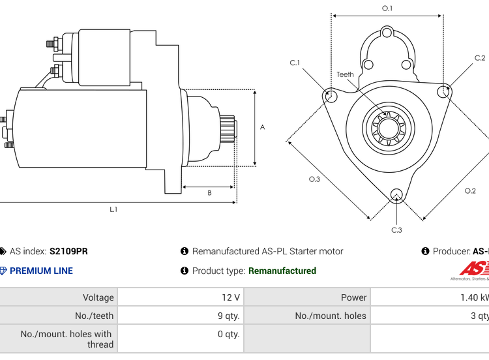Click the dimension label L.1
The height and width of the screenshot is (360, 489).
[113, 209]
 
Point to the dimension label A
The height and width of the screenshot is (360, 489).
[263, 127]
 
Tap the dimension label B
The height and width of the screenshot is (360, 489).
[209, 193]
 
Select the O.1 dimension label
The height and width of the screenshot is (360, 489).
[387, 8]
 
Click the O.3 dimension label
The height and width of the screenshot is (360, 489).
[314, 179]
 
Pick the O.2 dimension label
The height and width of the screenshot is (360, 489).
[469, 190]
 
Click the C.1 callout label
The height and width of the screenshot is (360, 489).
[295, 63]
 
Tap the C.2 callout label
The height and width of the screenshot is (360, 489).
[479, 58]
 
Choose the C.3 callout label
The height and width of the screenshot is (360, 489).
[396, 230]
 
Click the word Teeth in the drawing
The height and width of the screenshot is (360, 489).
[345, 74]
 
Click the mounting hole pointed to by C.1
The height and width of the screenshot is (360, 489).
[331, 97]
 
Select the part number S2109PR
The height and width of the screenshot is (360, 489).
[68, 251]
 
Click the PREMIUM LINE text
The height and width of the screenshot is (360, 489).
[41, 271]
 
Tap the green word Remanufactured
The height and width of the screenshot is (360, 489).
[282, 271]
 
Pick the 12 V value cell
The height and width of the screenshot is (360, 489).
[231, 297]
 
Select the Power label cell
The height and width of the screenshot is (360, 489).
[353, 297]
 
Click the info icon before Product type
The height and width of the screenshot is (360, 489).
[185, 271]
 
